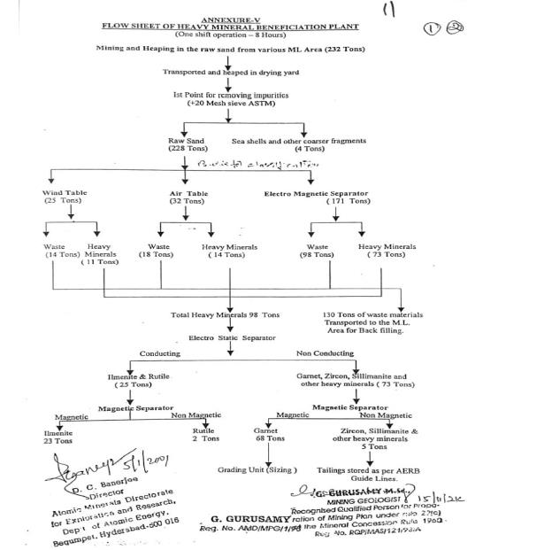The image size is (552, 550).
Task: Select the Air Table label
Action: pyautogui.click(x=188, y=192)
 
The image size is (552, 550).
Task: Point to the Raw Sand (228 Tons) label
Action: pyautogui.click(x=188, y=144)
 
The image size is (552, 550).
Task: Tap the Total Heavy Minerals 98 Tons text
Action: pyautogui.click(x=225, y=314)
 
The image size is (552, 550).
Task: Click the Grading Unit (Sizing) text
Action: pyautogui.click(x=257, y=469)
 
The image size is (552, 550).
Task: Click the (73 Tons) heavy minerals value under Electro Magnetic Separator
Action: pyautogui.click(x=387, y=254)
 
